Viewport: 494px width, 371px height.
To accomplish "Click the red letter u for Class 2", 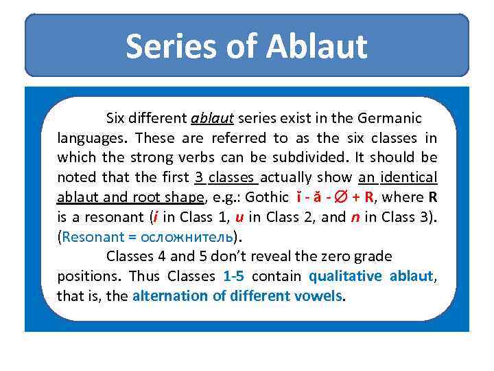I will (x=239, y=217).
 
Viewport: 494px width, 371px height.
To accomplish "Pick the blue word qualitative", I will (x=346, y=277).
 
